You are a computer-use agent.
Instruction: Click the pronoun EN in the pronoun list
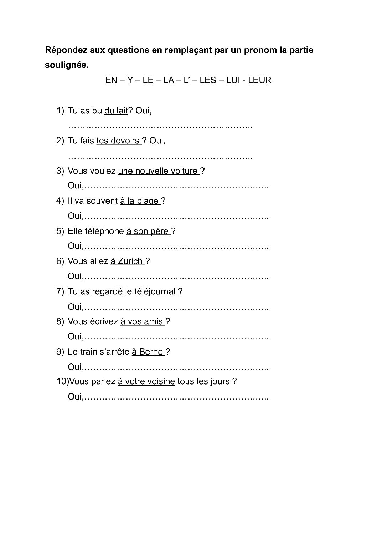coord(111,80)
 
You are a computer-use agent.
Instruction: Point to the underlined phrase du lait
coord(116,111)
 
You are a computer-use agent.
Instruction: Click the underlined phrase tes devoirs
coord(118,141)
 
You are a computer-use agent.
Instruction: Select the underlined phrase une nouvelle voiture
coord(158,171)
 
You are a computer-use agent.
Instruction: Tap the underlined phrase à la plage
coord(139,201)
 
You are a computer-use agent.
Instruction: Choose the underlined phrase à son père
coord(148,231)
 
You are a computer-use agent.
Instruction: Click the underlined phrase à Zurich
coord(127,261)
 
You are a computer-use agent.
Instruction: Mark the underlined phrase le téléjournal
coord(151,291)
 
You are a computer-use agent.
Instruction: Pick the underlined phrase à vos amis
coord(142,321)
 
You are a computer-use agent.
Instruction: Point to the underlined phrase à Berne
coord(148,352)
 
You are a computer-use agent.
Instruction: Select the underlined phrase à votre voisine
coord(146,382)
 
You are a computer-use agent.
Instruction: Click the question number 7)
coord(60,291)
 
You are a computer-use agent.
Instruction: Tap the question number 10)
coord(62,382)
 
